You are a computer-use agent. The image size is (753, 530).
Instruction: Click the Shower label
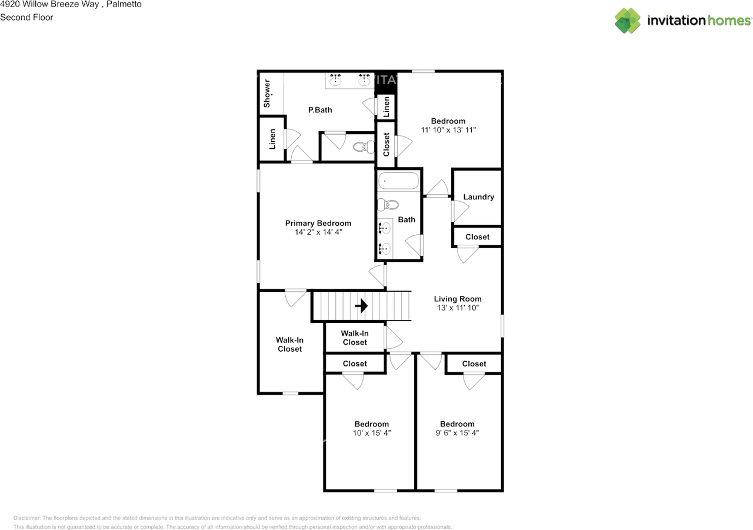(267, 94)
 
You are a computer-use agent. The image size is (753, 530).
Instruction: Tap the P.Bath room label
(320, 110)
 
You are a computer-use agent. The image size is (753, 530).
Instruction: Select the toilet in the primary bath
(360, 148)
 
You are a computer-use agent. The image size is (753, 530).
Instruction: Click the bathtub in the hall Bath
(398, 181)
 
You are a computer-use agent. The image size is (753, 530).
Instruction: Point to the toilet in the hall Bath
(388, 205)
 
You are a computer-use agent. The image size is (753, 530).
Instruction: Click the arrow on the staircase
(361, 306)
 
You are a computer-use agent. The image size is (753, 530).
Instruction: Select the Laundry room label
(478, 197)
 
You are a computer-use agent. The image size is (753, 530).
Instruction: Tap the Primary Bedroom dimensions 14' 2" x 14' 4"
(318, 232)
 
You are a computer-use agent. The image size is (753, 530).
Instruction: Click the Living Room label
(458, 299)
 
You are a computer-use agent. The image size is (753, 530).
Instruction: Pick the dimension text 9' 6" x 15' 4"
(457, 433)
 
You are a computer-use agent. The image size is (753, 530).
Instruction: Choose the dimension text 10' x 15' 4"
(371, 433)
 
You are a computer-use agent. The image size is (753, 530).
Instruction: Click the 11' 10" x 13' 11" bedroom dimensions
(448, 130)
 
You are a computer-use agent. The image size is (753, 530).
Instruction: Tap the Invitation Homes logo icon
(628, 21)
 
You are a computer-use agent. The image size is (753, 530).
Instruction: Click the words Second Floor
(26, 18)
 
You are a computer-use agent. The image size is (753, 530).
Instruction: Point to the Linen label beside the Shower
(272, 139)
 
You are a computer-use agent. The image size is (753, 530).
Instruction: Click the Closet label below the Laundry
(477, 237)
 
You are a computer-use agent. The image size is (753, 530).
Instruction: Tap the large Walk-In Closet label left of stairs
(289, 344)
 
